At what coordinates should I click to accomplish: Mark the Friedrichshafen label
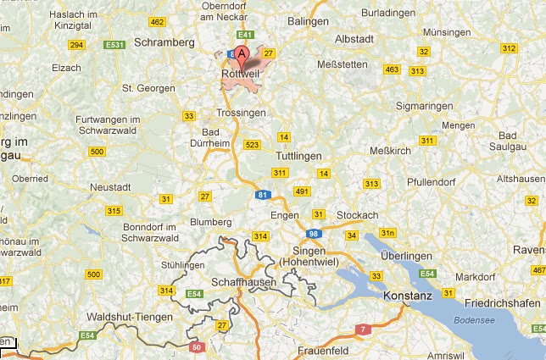click(497, 301)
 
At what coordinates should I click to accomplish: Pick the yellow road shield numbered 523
click(251, 145)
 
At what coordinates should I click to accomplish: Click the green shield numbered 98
click(313, 233)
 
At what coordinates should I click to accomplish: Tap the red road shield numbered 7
click(363, 328)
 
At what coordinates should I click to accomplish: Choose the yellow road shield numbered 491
click(303, 191)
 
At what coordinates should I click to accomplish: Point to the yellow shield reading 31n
click(387, 232)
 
